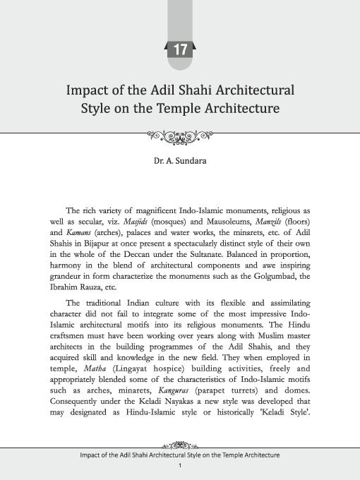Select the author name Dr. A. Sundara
pyautogui.click(x=180, y=161)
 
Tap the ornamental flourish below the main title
pyautogui.click(x=180, y=134)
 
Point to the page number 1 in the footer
pyautogui.click(x=180, y=466)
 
